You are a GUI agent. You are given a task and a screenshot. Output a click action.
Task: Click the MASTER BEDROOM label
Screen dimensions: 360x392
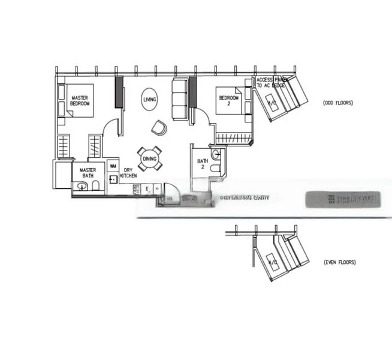click(80, 101)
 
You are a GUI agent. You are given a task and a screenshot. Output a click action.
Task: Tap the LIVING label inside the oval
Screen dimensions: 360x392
click(150, 100)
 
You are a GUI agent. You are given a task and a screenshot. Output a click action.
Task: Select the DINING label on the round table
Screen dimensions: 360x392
click(150, 159)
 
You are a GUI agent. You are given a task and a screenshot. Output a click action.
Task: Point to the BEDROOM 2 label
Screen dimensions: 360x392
click(228, 100)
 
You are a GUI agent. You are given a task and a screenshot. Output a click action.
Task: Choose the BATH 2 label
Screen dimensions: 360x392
click(203, 164)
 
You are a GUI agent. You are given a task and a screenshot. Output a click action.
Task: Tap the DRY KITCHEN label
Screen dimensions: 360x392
click(128, 173)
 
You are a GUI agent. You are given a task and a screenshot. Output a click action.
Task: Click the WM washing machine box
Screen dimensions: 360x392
click(113, 166)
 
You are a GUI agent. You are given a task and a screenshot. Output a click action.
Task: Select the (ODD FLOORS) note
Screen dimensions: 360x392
click(338, 103)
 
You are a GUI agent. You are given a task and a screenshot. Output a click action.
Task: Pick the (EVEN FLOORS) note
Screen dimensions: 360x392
click(339, 262)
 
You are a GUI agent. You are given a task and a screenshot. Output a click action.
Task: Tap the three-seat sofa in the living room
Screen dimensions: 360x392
click(180, 99)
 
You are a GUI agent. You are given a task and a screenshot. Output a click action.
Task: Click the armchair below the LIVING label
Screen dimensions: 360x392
click(159, 127)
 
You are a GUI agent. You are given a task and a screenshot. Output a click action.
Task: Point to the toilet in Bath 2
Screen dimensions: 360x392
click(215, 169)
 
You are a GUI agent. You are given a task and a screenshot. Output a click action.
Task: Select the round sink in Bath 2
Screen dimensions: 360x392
click(216, 155)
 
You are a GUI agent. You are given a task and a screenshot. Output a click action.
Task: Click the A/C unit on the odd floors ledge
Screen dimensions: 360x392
click(273, 104)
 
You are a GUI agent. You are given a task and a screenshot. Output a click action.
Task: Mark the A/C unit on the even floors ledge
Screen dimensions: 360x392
click(272, 263)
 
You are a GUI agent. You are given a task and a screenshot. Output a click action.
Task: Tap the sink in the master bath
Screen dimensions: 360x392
click(82, 187)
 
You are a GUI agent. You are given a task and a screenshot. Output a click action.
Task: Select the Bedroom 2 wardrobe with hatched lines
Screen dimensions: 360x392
click(234, 139)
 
